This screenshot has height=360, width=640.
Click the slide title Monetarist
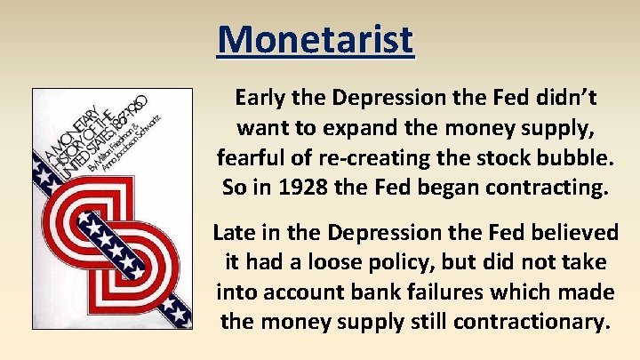[316, 39]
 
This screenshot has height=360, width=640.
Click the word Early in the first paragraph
[260, 96]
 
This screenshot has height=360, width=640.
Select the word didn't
[548, 96]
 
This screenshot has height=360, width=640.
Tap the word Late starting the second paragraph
[235, 234]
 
